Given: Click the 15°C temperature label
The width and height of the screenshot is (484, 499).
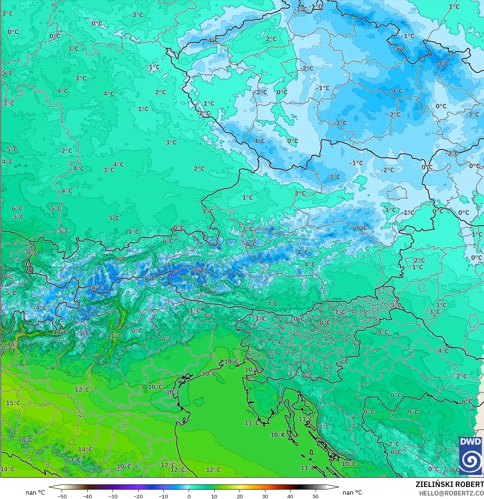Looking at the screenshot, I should coord(13,403).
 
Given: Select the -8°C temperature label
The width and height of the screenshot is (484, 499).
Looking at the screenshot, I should coord(96,288).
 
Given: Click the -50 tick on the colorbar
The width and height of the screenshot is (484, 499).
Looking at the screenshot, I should coord(62,496).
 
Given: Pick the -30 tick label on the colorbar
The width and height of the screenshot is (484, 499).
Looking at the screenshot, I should coord(113,496).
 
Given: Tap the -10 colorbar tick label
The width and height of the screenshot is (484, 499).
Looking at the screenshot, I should coord(163,496).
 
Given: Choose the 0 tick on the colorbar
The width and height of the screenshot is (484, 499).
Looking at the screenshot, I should coord(189,496).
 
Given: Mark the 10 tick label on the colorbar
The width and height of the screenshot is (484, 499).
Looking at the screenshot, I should coord(214,496).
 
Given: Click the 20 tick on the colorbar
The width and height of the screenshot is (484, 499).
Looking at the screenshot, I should coord(239,496).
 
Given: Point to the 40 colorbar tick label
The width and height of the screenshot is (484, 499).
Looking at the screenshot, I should coord(290,496).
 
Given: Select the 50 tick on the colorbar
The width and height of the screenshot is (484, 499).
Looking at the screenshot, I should coord(316,496).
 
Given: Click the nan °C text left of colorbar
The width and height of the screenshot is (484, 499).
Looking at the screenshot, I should coord(35,492).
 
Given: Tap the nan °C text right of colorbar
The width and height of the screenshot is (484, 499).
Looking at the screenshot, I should coord(352,492).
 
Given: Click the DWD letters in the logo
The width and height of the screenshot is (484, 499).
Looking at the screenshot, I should coord(470,441).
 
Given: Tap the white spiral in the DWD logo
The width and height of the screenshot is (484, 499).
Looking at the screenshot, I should coord(470,460).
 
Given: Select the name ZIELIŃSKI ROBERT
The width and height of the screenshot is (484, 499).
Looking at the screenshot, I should coord(449,484).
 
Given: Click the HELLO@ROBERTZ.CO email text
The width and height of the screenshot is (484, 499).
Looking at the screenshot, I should coord(451,493).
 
